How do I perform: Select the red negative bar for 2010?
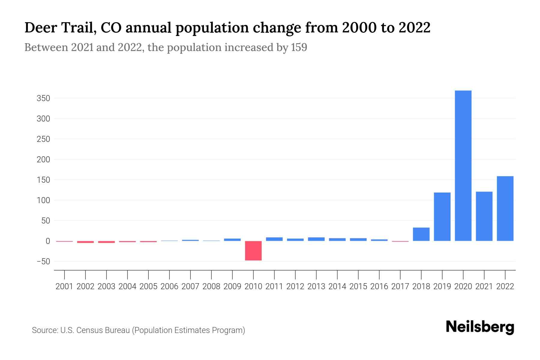[253, 250]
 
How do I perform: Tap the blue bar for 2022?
[505, 208]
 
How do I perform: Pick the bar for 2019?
[442, 217]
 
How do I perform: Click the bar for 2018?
[421, 234]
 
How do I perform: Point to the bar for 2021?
[484, 216]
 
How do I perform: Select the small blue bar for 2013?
[316, 239]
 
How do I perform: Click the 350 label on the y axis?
[43, 98]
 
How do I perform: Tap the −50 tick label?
[43, 262]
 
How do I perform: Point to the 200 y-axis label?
[43, 160]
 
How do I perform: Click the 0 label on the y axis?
[47, 241]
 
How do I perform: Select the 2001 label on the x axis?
[64, 286]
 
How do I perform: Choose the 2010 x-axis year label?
[253, 286]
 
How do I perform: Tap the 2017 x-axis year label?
[400, 286]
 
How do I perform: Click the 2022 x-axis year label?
[505, 286]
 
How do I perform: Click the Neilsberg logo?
[480, 327]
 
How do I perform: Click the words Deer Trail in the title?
[60, 28]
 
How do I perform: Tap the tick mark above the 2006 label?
[169, 274]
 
